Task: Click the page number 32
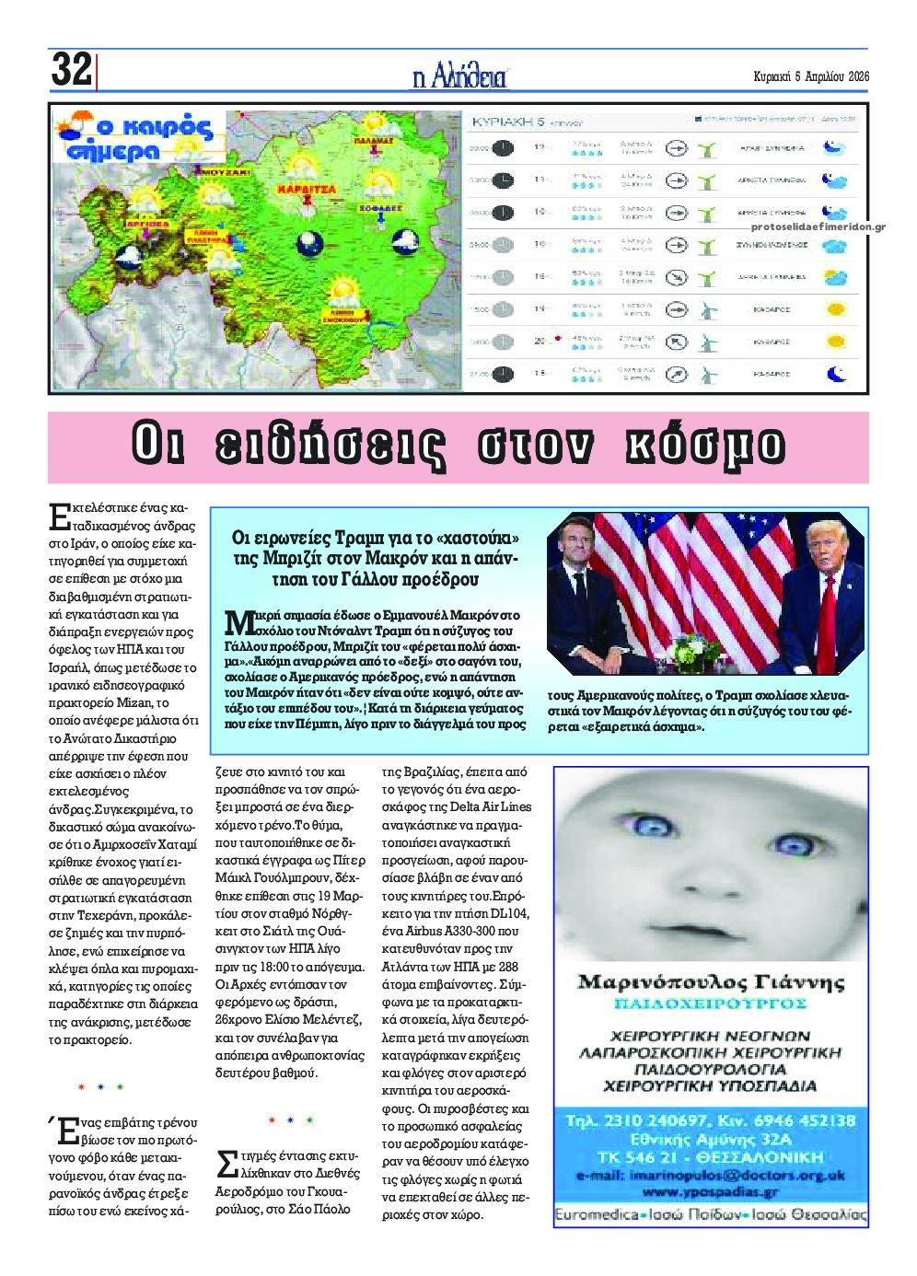pos(72,70)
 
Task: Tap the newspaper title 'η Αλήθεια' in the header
pos(459,76)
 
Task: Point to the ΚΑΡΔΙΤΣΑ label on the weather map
pos(308,190)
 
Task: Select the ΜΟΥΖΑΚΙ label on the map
pos(224,171)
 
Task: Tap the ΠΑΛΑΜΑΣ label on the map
pos(374,142)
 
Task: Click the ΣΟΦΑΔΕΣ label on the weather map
pos(381,209)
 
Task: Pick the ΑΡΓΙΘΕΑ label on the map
pos(147,224)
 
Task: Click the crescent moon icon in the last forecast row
pos(834,374)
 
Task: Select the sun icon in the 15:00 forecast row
pos(835,309)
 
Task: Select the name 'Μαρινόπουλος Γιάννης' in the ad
pos(710,981)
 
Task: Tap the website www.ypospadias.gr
pos(710,1191)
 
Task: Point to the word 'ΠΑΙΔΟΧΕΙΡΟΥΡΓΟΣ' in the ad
pos(710,1003)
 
